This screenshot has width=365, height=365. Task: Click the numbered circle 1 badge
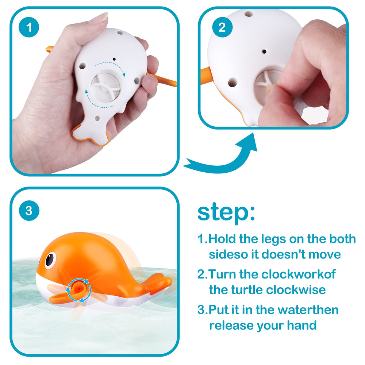pos(29,27)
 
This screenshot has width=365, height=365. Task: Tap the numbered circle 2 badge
pos(222,27)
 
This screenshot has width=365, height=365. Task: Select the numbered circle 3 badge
pos(29,211)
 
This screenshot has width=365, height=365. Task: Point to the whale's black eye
pos(50,259)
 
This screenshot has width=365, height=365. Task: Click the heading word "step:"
pos(226,212)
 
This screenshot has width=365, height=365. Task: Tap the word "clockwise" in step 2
pos(296,290)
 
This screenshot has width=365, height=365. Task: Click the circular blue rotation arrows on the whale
pos(78,290)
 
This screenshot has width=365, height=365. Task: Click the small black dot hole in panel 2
pos(264,51)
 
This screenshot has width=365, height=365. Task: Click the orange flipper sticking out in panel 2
pos(206,76)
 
